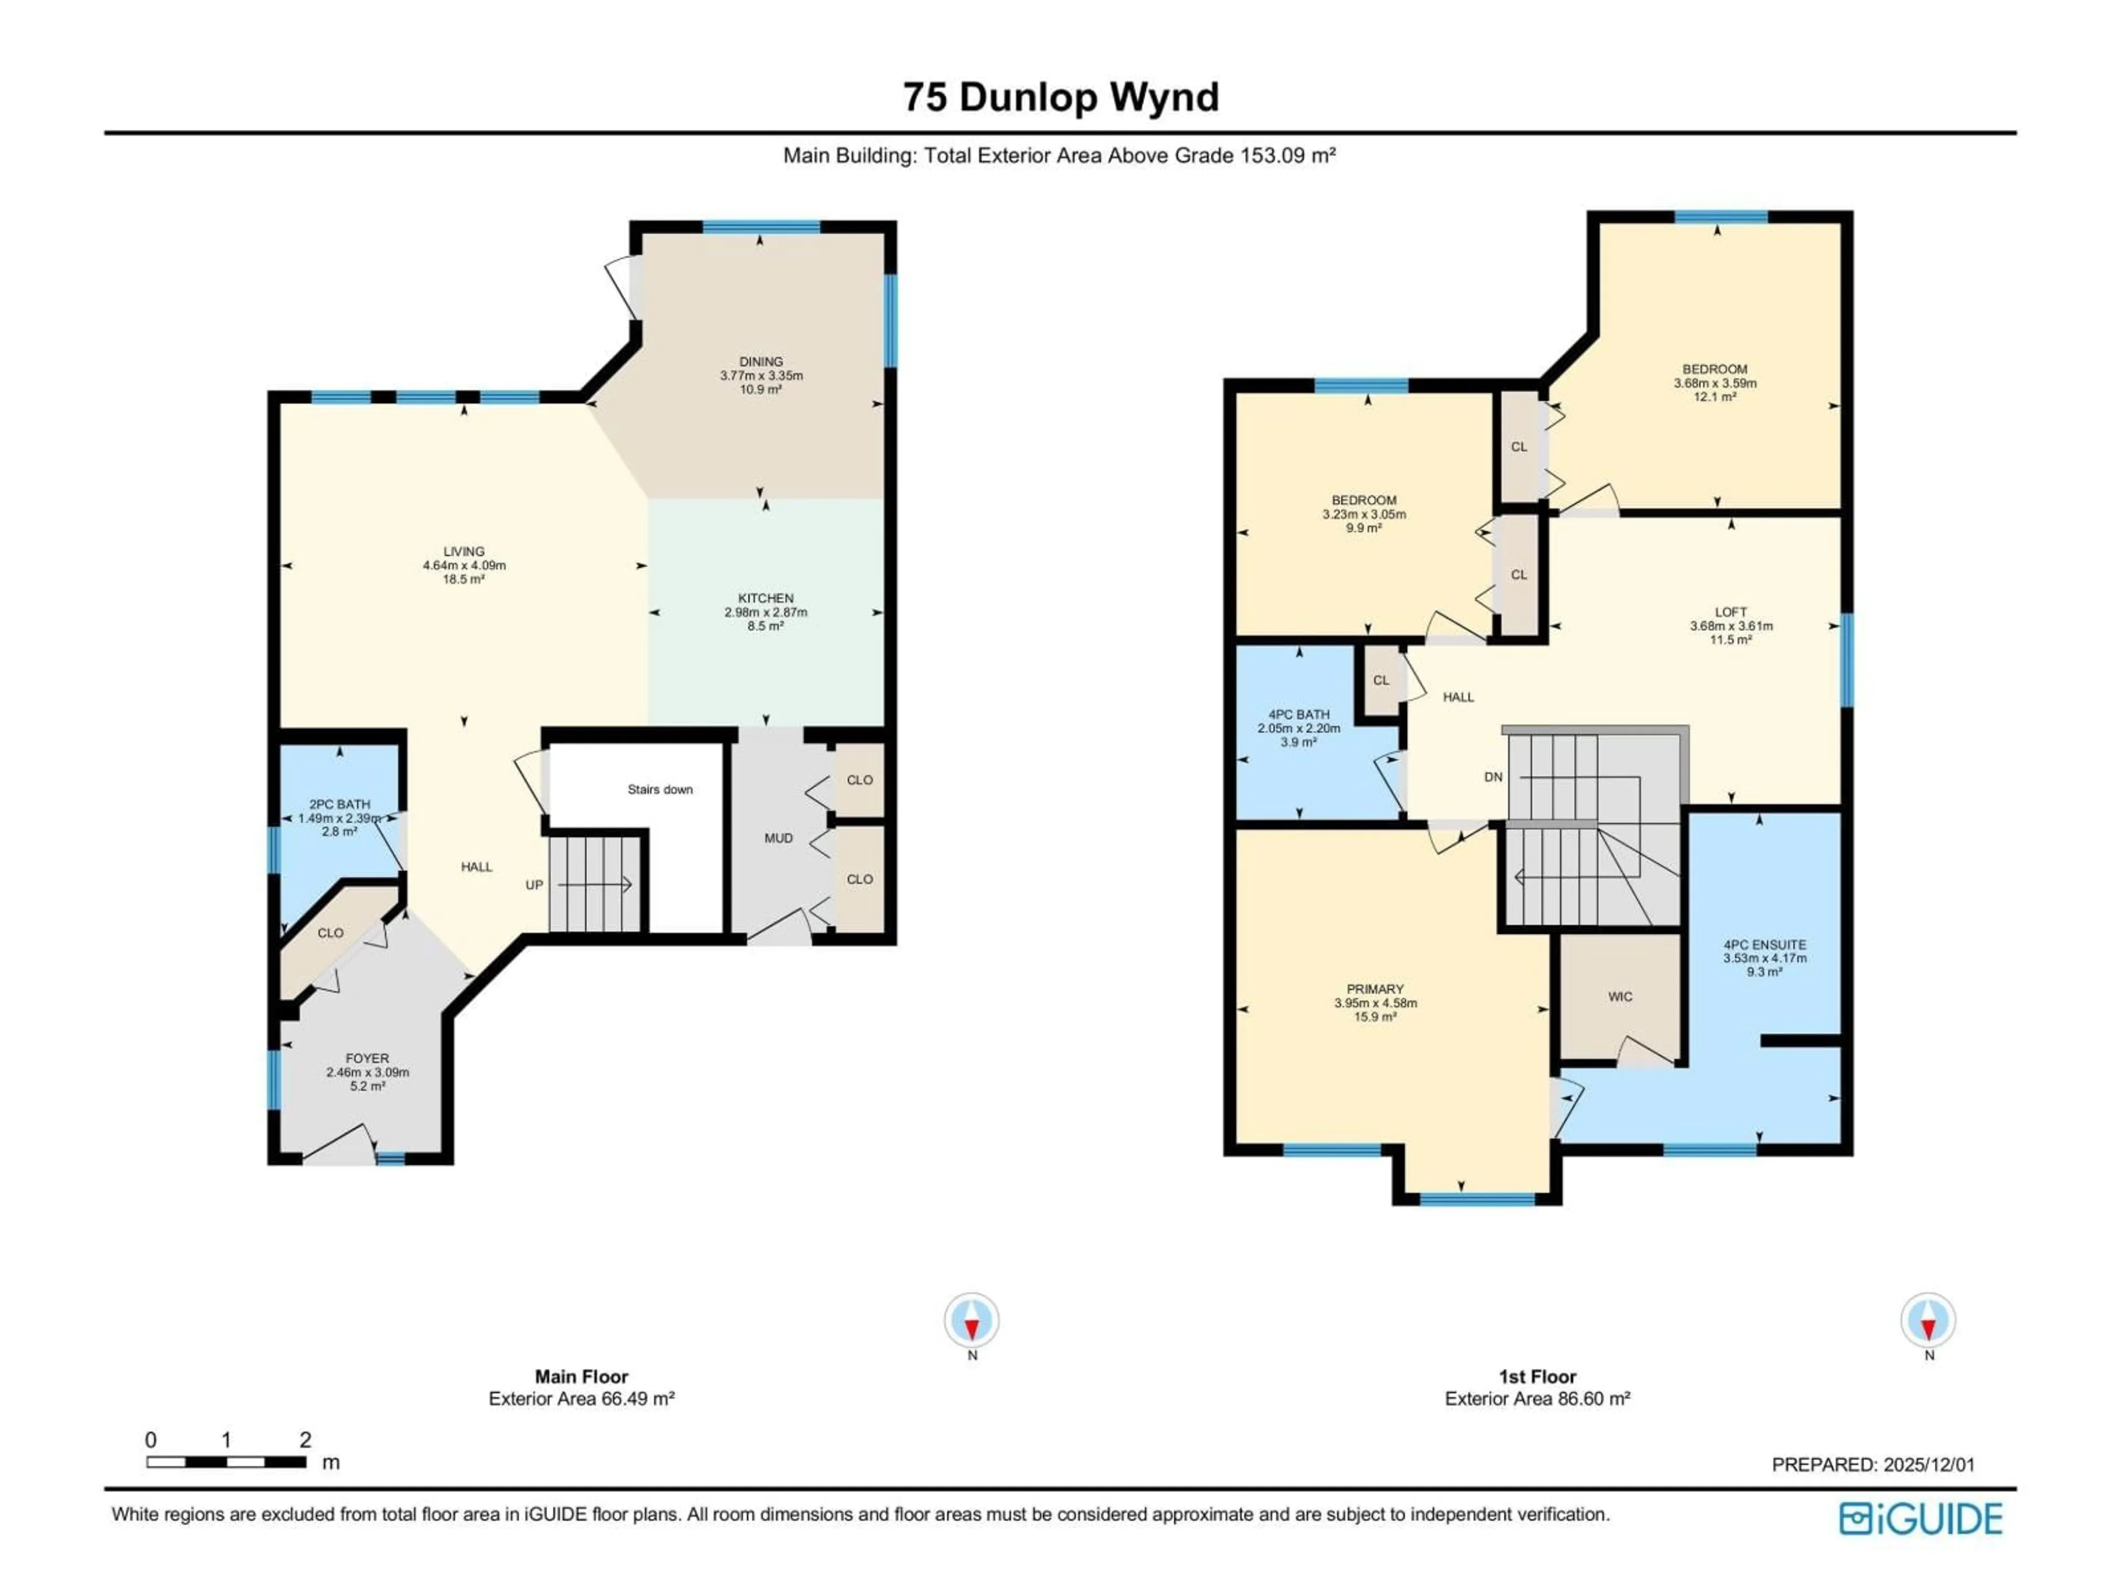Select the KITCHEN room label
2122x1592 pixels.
click(x=765, y=598)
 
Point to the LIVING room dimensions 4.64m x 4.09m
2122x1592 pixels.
click(x=464, y=565)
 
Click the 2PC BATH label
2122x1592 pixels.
click(x=340, y=804)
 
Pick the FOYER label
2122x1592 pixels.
click(x=367, y=1059)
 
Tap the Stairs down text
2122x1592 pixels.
click(x=660, y=790)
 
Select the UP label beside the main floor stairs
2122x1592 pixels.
click(x=534, y=885)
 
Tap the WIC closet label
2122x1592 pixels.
click(x=1620, y=997)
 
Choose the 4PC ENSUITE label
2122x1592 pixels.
click(x=1764, y=944)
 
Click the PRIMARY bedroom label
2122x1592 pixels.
click(x=1375, y=989)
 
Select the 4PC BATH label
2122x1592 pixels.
click(x=1299, y=715)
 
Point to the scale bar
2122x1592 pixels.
click(x=227, y=1463)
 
